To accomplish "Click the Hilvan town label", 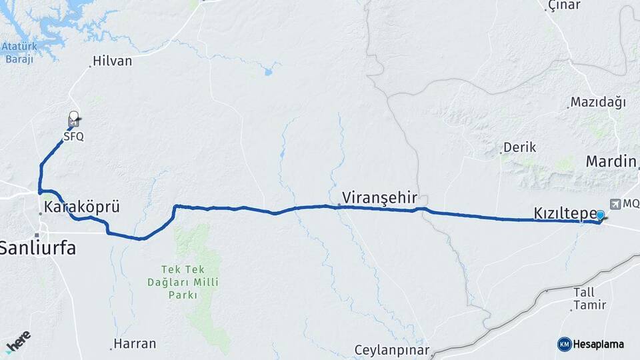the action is (112, 61).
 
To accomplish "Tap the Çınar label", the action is (563, 5).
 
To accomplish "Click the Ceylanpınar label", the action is (391, 350).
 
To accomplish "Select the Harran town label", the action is (135, 344).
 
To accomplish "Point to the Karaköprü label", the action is (81, 207).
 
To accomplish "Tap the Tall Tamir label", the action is (589, 298).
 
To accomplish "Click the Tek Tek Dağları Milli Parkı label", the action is (189, 281).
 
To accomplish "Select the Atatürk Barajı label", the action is (19, 53).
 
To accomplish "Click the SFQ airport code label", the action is (74, 135).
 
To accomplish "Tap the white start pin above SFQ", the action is (73, 116).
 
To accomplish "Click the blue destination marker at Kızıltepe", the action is (600, 215).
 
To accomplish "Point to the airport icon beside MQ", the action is (614, 203).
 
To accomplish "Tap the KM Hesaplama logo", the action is (591, 344).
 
